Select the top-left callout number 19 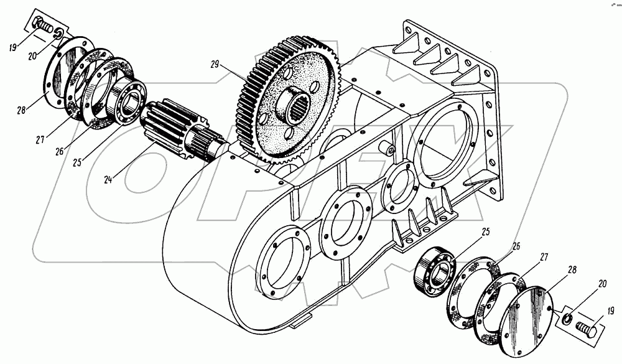pyautogui.click(x=13, y=45)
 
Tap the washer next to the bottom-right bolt pyautogui.click(x=567, y=319)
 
